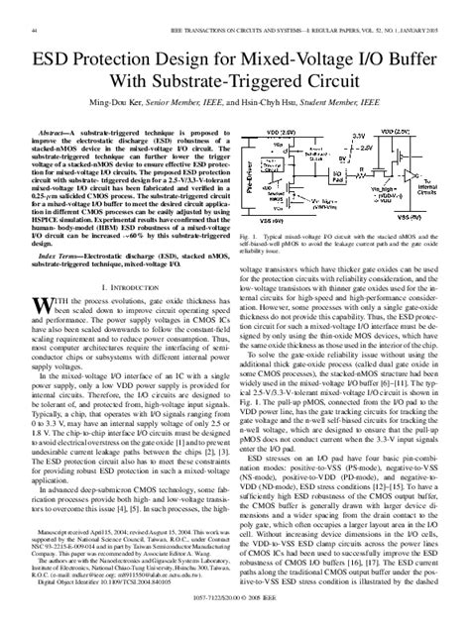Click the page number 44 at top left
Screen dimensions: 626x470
click(x=35, y=8)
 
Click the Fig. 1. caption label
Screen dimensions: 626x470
click(x=253, y=238)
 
